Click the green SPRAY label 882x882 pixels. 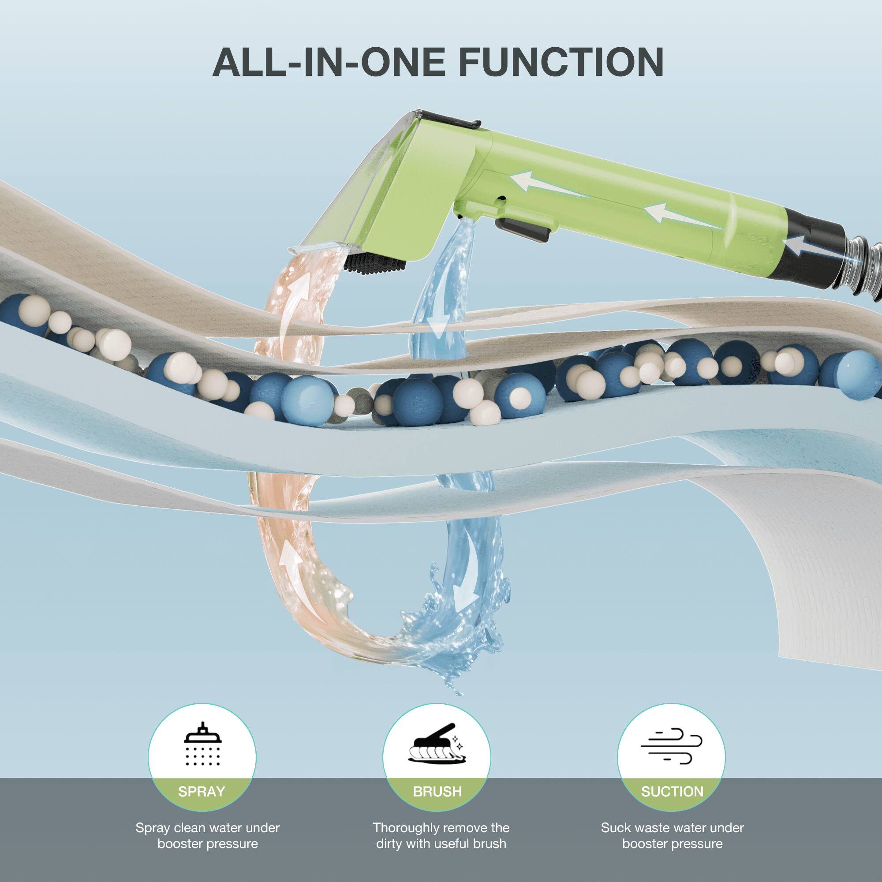click(202, 791)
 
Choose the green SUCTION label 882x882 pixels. click(672, 791)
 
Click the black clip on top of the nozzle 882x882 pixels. click(452, 118)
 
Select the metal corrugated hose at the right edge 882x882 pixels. click(863, 269)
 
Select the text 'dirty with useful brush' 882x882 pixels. click(441, 843)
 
